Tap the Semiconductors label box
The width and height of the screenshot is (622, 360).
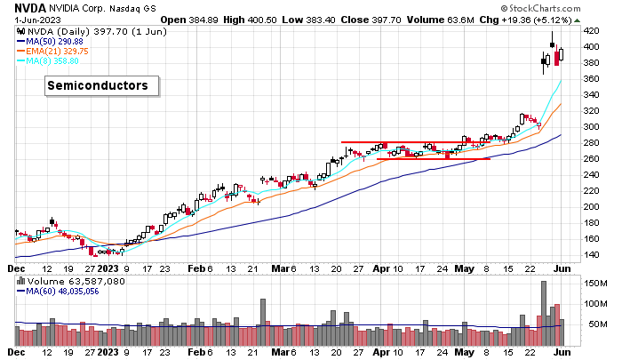pyautogui.click(x=102, y=85)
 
